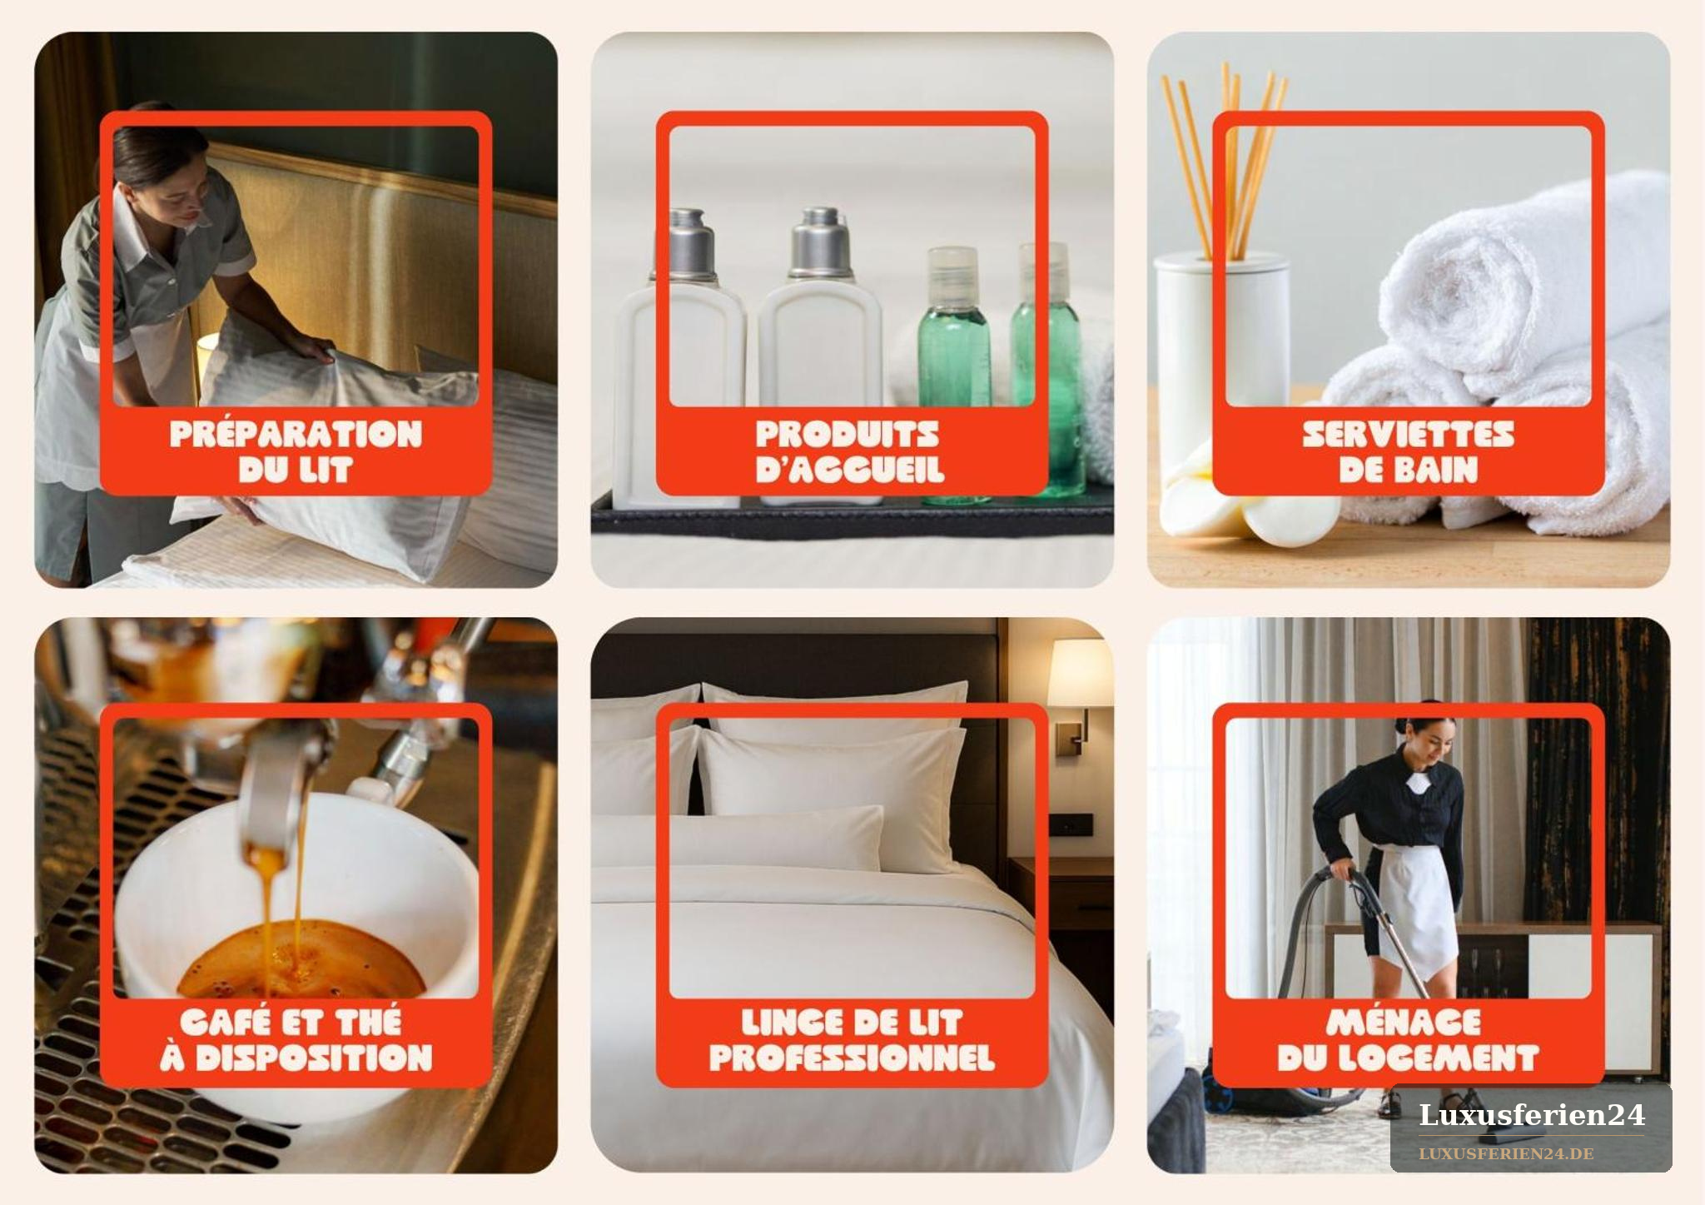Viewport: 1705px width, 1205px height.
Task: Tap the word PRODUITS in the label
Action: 848,434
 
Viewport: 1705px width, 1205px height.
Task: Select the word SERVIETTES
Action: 1408,434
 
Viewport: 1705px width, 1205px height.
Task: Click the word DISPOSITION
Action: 314,1058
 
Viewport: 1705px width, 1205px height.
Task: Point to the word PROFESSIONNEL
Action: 852,1058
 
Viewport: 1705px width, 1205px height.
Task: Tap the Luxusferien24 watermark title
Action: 1532,1115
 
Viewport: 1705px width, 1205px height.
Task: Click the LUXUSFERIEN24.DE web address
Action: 1506,1154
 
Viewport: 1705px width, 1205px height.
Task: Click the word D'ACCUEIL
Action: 850,471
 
